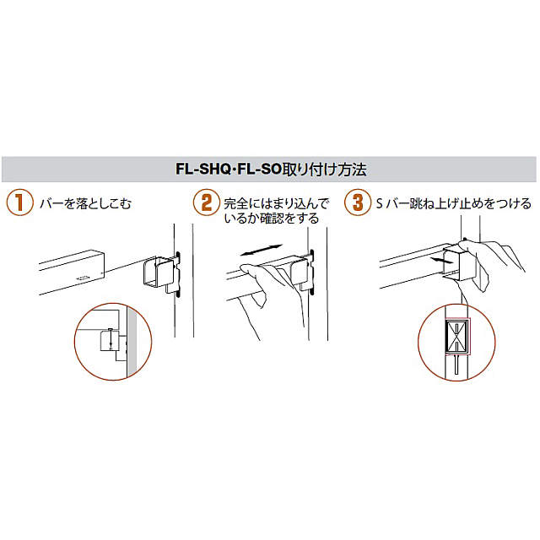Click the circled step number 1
tap(16, 203)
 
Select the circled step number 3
tap(359, 203)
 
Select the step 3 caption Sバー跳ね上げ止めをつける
tap(452, 204)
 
